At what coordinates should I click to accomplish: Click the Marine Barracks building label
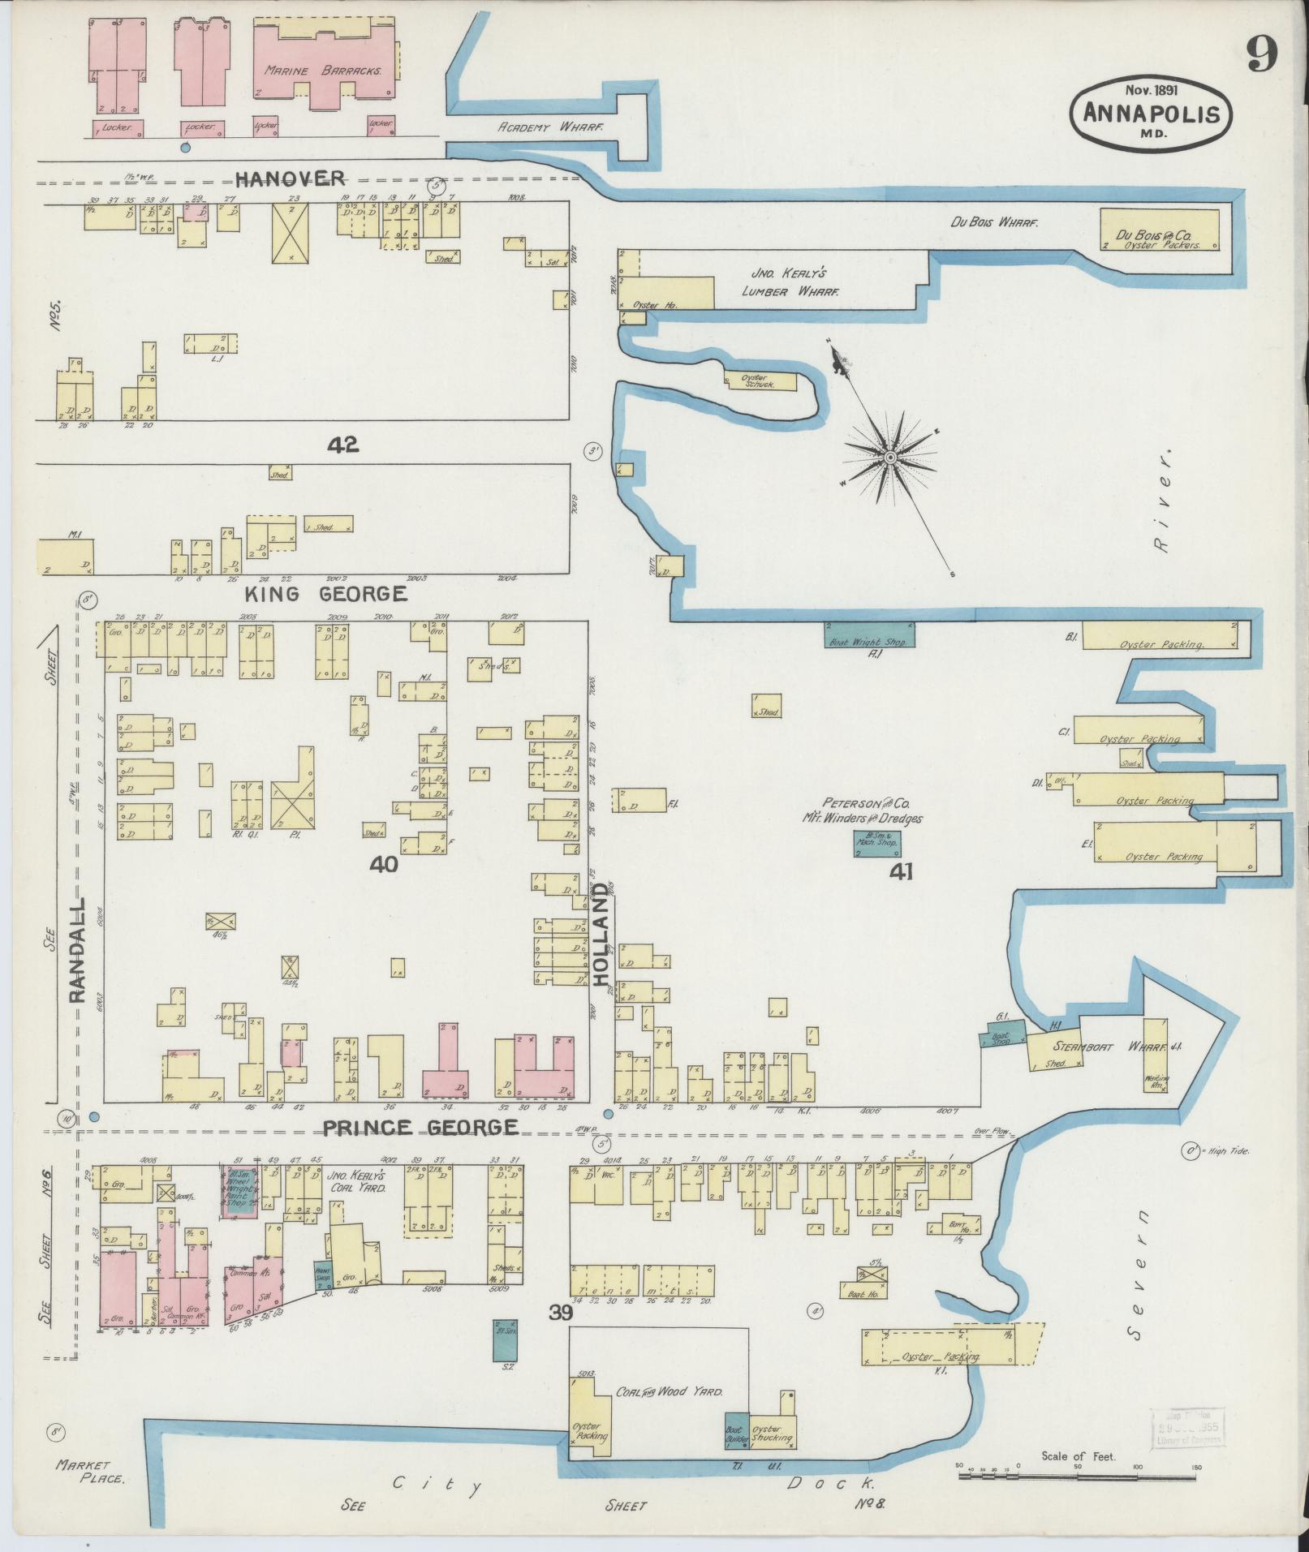323,71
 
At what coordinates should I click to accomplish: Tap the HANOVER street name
291,178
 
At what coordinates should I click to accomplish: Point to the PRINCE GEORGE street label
420,1127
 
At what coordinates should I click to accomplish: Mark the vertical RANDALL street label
78,950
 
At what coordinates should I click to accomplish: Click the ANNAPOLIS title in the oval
1151,113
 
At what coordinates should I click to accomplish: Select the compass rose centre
890,458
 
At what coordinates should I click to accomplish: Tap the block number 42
344,444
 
